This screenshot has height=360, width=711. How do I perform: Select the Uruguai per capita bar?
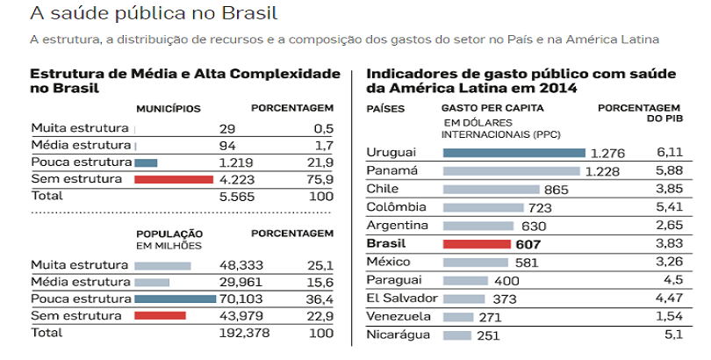click(x=514, y=153)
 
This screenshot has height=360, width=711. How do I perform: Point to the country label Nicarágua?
click(x=398, y=335)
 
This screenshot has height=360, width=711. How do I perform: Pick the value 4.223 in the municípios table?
click(x=236, y=179)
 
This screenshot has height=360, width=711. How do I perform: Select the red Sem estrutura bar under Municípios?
click(x=174, y=179)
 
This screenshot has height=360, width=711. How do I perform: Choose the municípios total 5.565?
click(x=236, y=196)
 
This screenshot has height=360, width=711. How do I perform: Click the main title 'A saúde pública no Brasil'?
click(x=154, y=15)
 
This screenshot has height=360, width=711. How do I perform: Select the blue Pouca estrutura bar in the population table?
click(x=176, y=299)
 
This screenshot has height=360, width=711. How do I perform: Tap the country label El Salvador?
click(x=401, y=299)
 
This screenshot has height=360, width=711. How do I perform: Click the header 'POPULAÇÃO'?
click(x=169, y=234)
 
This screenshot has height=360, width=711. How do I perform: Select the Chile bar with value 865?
click(x=491, y=189)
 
